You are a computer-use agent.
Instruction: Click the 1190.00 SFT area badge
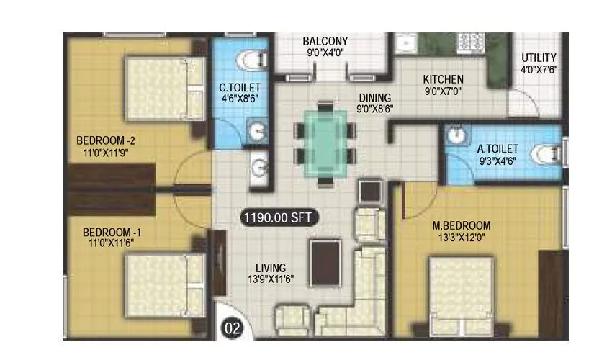click(280, 216)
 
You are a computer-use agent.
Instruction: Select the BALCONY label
click(325, 41)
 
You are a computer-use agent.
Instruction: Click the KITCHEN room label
click(443, 79)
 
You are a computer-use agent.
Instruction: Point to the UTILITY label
click(539, 58)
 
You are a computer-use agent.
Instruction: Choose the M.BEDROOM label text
click(457, 226)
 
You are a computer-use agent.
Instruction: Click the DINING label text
click(374, 98)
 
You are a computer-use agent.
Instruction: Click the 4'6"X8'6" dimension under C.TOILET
click(239, 101)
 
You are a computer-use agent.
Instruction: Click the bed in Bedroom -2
click(163, 89)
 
